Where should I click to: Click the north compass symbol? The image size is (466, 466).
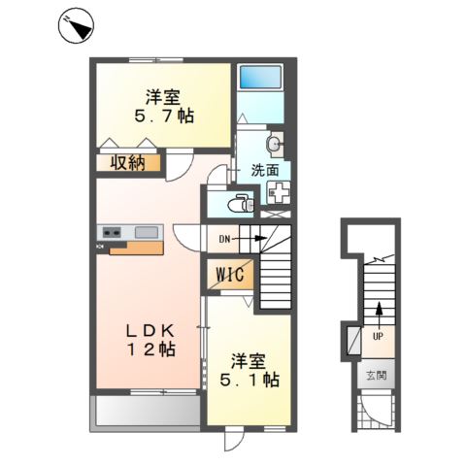coord(76,26)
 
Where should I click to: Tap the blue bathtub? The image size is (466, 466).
coord(260,77)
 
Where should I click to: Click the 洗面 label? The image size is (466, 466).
coord(265,171)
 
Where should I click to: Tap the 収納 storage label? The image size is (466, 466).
coord(128,163)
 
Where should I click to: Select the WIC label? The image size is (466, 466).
coord(230,275)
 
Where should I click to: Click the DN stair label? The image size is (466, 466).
coord(224,239)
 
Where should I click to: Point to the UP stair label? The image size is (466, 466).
coord(378,337)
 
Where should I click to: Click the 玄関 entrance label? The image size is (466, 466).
coord(377,376)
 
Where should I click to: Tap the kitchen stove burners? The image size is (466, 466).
coord(112,232)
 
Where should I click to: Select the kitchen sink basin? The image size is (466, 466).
coord(147,232)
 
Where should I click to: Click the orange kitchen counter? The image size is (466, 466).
coord(136,249)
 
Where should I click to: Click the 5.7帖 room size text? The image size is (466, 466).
coord(164,116)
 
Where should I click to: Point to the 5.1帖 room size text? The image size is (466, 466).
coord(250,380)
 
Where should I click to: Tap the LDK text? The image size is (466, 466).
coord(150,331)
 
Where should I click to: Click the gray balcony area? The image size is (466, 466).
coord(149,411)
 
